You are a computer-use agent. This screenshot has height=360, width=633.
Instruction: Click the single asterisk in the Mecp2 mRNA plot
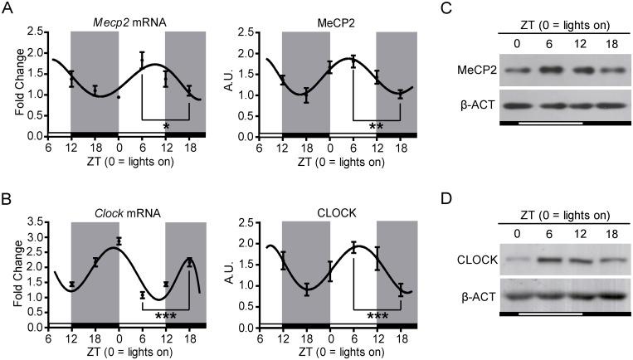(x=166, y=126)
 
